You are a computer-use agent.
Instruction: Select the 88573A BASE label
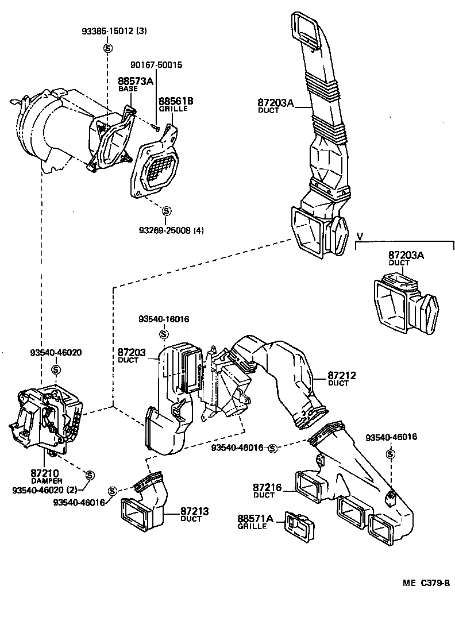click(x=136, y=84)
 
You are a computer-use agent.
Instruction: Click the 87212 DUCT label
click(x=342, y=379)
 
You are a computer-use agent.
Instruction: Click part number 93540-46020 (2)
click(x=44, y=489)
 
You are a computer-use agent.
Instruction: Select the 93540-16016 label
click(x=164, y=319)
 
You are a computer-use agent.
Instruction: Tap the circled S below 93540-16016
click(x=164, y=333)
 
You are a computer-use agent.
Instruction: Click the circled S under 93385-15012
click(x=107, y=49)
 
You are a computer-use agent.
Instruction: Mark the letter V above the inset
click(x=360, y=236)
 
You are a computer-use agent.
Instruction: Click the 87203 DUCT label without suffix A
click(x=132, y=355)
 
